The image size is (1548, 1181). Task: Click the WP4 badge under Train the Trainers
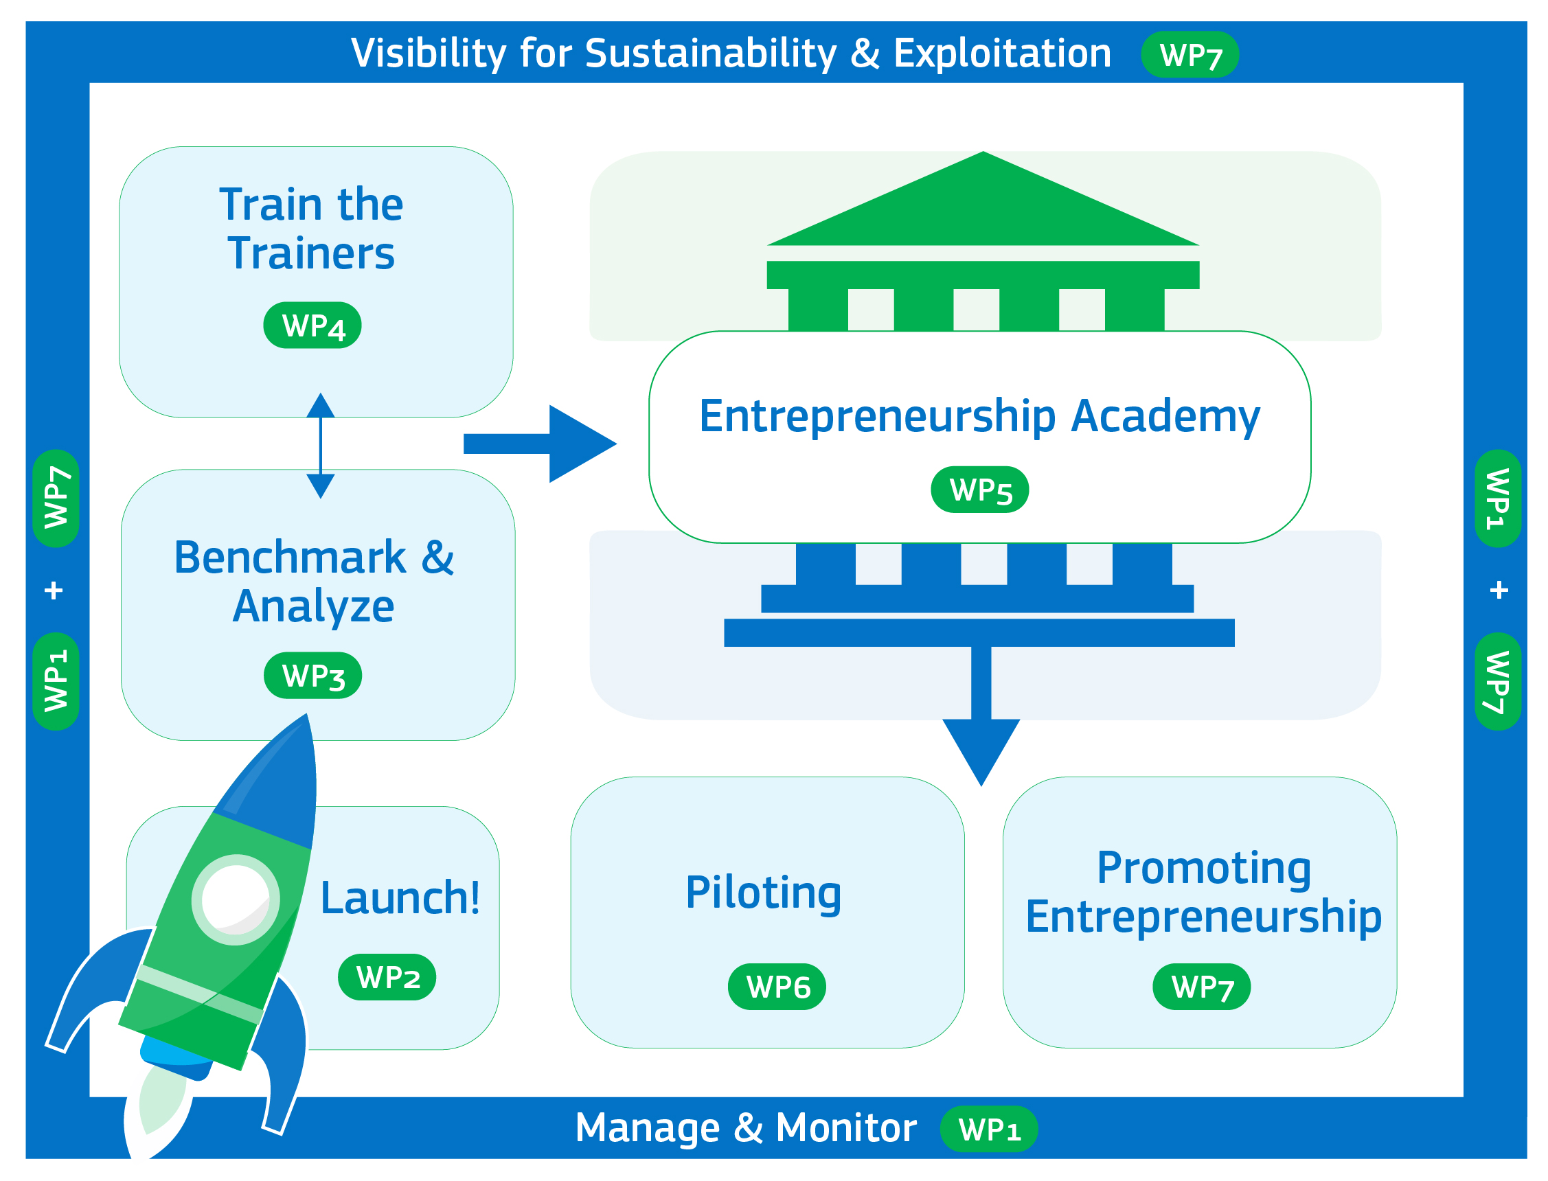click(x=312, y=325)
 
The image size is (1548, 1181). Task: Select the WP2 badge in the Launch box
click(x=387, y=978)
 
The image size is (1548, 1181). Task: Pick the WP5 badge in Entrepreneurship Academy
click(x=980, y=490)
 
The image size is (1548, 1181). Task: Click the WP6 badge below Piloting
click(x=777, y=987)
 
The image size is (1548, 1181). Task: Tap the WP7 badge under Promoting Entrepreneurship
click(x=1201, y=987)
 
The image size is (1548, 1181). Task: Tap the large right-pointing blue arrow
click(x=540, y=444)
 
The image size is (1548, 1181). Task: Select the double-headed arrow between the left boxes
click(x=321, y=446)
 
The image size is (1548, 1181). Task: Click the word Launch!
click(x=400, y=899)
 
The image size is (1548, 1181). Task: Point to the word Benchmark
click(x=290, y=558)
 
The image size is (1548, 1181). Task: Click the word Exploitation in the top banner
click(x=1003, y=54)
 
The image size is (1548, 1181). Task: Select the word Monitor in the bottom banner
click(x=846, y=1128)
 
